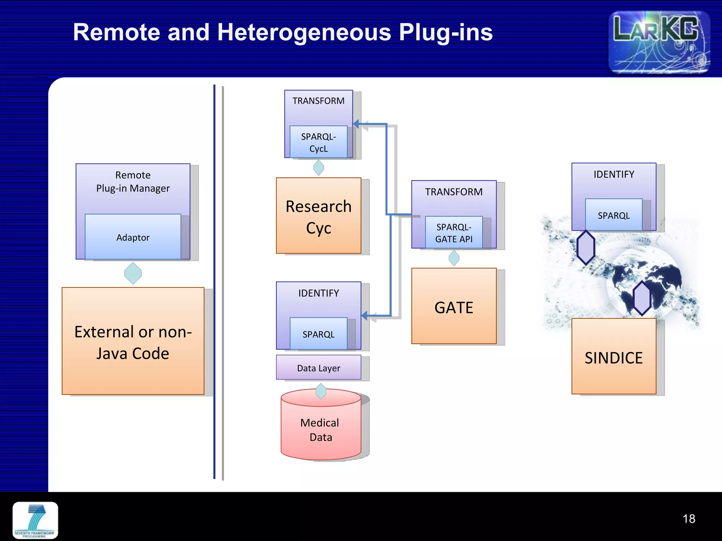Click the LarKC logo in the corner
coord(659,42)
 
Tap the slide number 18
coord(689,519)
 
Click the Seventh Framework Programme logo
coord(35,521)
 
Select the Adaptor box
coord(133,237)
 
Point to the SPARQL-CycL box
coord(318,142)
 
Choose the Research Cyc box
coord(318,216)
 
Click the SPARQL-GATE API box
coord(454,232)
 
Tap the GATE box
coord(454,306)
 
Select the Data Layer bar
coord(318,368)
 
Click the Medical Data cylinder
coord(321,430)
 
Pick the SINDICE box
coord(613,357)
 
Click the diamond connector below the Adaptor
coord(133,273)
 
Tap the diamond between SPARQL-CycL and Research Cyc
coord(318,168)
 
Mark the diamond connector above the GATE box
coord(454,258)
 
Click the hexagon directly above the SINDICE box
coord(642,298)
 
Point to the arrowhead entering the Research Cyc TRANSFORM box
coord(356,124)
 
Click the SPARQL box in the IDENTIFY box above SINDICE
coord(613,215)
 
